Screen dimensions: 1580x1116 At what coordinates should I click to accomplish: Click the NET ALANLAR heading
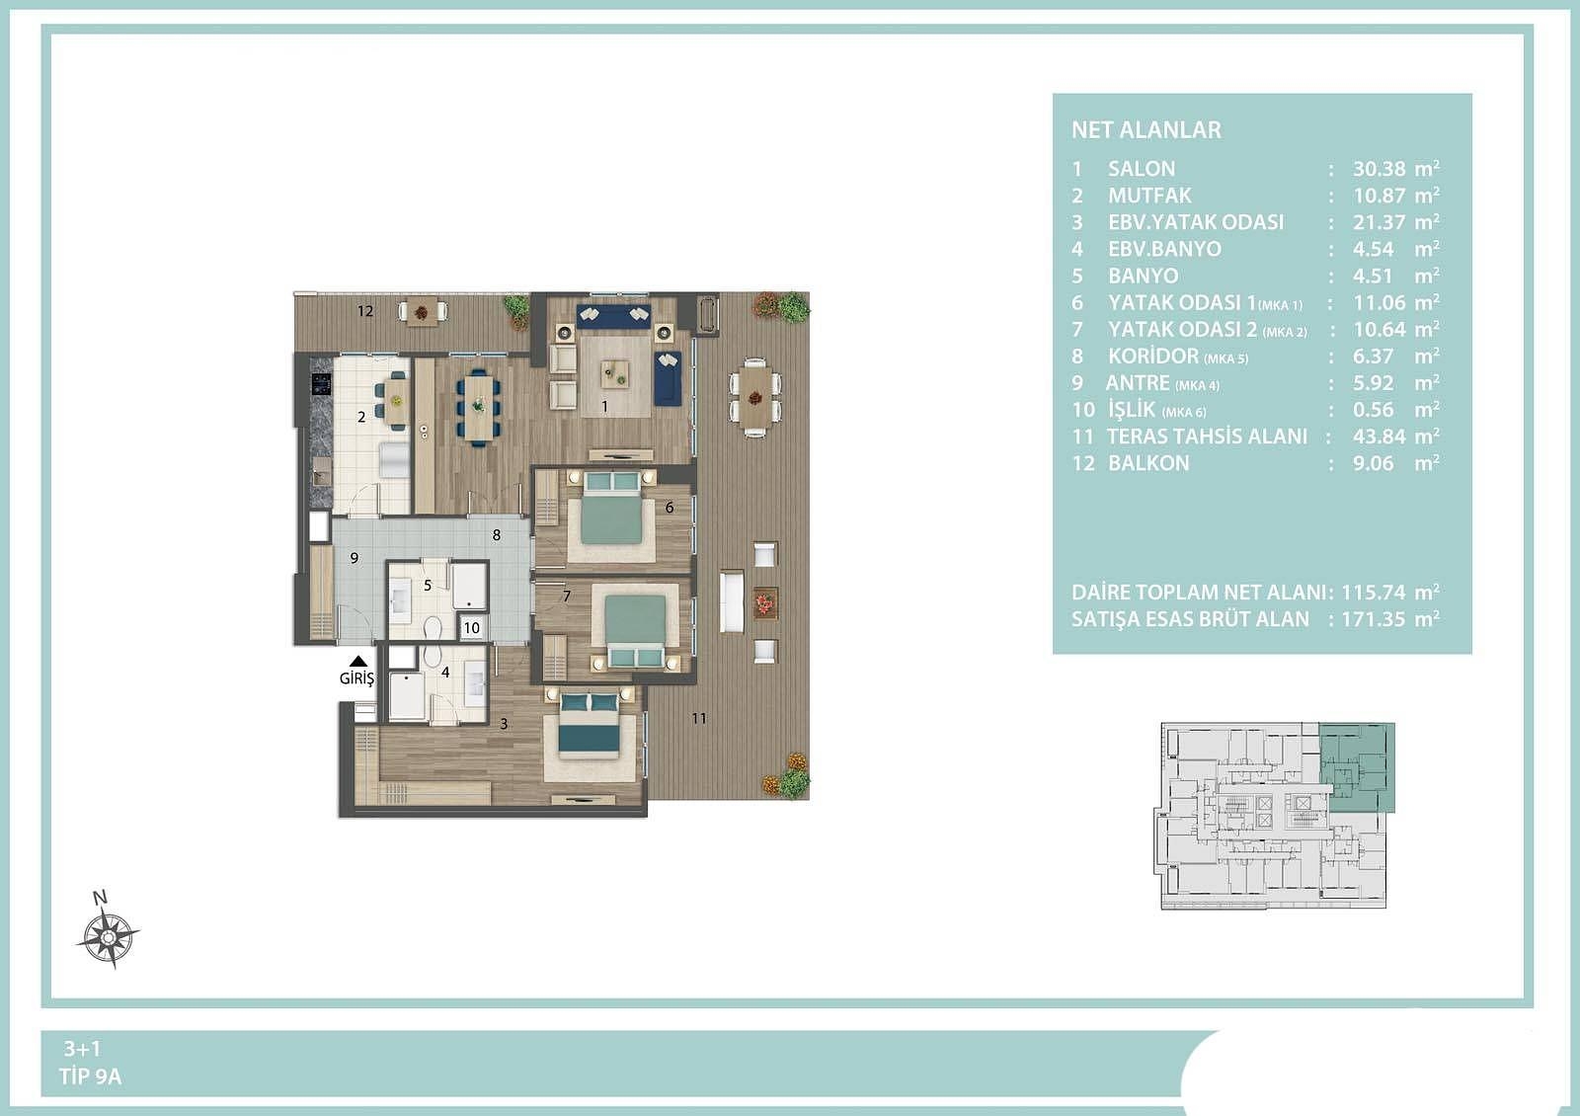(x=1146, y=129)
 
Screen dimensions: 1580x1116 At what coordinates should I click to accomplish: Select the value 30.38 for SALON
(x=1379, y=169)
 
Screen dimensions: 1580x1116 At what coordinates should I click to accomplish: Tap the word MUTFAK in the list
(x=1149, y=196)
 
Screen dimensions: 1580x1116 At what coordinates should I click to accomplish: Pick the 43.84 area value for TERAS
(x=1379, y=437)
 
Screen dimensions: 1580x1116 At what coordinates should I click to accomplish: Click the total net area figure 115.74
(x=1372, y=592)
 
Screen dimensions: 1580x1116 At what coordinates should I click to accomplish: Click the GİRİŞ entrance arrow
(x=358, y=662)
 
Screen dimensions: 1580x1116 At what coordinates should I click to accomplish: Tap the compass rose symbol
(x=108, y=936)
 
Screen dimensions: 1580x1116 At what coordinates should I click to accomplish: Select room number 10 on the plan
(x=471, y=628)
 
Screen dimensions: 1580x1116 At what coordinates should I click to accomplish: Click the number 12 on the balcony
(x=364, y=311)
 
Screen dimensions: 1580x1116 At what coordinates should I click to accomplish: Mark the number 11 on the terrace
(x=698, y=718)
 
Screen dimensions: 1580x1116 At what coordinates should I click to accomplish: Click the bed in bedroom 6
(x=611, y=510)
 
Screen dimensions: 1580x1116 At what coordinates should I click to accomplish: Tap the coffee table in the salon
(x=614, y=374)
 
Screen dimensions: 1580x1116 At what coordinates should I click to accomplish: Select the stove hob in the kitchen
(x=321, y=384)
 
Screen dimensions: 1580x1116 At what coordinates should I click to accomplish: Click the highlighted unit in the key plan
(x=1357, y=766)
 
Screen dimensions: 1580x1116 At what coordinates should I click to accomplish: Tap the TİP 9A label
(x=90, y=1076)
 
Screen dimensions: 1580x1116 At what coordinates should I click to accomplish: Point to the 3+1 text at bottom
(x=83, y=1049)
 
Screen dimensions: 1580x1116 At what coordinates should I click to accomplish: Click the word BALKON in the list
(x=1148, y=463)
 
